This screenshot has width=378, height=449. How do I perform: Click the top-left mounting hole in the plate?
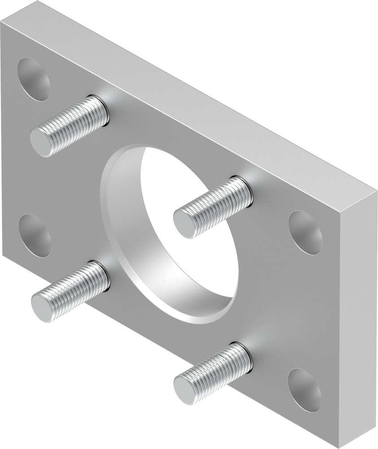[33, 79]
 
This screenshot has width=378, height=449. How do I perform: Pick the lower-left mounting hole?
[35, 235]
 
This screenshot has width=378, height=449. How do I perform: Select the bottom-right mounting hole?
[304, 390]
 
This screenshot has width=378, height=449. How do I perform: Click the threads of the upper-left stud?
[74, 125]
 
